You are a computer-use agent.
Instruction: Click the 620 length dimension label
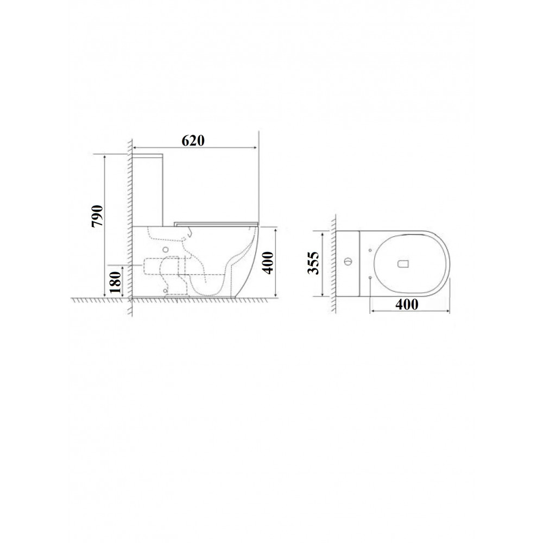193,140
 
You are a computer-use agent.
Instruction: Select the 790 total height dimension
97,216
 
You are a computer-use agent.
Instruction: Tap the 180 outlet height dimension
115,282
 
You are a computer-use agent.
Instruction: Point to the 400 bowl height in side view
268,263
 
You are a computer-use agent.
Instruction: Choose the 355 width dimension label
313,263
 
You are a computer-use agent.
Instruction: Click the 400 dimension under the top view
407,305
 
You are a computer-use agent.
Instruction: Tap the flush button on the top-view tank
349,260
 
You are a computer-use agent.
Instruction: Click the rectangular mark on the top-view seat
403,263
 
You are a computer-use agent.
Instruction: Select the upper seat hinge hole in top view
370,250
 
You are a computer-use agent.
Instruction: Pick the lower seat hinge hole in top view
370,277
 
